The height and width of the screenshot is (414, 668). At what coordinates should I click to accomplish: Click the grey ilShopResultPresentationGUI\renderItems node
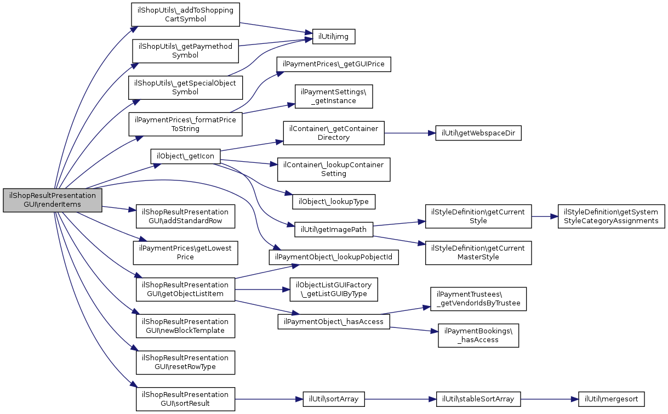(x=53, y=200)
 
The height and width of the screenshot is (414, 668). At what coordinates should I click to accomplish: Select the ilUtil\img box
(x=334, y=36)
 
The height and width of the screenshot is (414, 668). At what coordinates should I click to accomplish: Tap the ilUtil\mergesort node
(x=612, y=399)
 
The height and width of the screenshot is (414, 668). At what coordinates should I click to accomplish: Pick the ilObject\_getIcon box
(x=185, y=156)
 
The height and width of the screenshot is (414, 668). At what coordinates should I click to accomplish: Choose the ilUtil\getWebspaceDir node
(x=478, y=133)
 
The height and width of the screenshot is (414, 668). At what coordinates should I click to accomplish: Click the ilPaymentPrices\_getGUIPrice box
(x=334, y=64)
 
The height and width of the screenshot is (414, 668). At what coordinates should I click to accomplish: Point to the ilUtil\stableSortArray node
(x=478, y=399)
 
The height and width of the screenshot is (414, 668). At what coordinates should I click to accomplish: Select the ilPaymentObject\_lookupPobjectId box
(x=334, y=257)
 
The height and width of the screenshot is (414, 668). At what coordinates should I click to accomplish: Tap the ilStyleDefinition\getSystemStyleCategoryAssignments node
(x=612, y=217)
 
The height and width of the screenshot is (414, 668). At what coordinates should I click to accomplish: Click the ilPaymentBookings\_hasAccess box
(x=478, y=336)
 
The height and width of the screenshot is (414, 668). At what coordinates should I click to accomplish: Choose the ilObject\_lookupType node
(x=334, y=202)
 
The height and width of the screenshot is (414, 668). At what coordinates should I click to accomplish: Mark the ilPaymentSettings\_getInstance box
(x=334, y=97)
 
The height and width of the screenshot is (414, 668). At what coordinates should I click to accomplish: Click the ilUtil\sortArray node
(x=334, y=399)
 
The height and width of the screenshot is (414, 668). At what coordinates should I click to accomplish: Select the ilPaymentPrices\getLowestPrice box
(x=185, y=253)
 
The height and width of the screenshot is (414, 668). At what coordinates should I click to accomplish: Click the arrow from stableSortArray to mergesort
(x=550, y=399)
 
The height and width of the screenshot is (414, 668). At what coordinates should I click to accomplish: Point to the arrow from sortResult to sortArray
(x=269, y=399)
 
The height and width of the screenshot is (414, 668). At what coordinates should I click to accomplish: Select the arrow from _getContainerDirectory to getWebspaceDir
(x=410, y=133)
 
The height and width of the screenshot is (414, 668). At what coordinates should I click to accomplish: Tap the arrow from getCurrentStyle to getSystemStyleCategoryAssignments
(x=545, y=217)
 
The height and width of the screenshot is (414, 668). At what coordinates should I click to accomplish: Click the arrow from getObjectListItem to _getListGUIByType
(x=262, y=290)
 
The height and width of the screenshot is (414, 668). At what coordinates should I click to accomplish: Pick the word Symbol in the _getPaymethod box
(x=185, y=55)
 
